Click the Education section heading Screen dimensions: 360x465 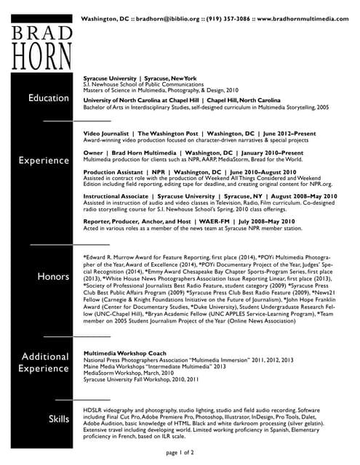pos(48,98)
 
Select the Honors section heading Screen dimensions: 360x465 pos(52,277)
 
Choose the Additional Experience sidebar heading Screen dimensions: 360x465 pos(45,363)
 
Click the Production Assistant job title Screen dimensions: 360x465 pos(114,171)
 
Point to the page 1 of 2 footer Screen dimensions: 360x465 pos(180,453)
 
